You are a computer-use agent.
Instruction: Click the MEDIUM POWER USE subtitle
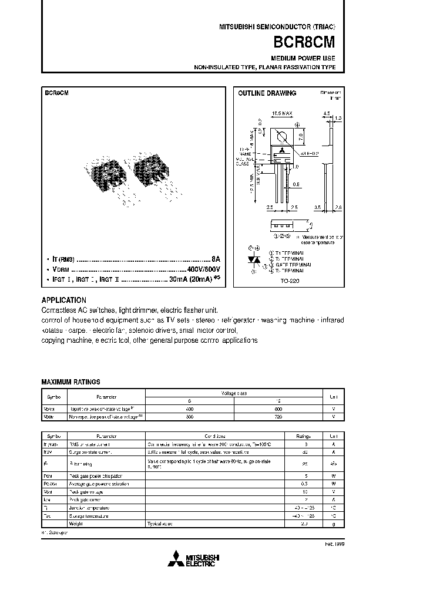303,59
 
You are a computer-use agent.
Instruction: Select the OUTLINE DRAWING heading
267,93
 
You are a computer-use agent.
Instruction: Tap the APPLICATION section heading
63,300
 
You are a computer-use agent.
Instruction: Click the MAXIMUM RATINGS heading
70,382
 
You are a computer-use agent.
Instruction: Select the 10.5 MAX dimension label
282,113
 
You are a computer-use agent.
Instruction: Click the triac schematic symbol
254,259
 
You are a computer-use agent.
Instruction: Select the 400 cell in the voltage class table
189,409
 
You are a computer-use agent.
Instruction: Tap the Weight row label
76,524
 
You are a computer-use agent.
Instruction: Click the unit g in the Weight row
333,524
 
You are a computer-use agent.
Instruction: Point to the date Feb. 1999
333,544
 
